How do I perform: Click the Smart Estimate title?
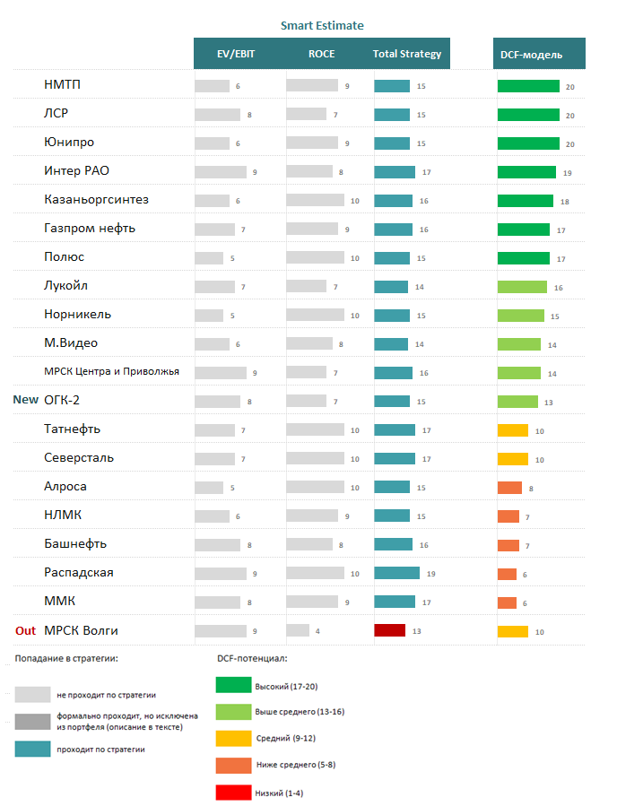[322, 26]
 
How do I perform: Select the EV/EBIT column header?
[236, 54]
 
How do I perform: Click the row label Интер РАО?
[76, 170]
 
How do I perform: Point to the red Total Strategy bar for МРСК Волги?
[389, 630]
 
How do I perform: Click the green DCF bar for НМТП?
[528, 86]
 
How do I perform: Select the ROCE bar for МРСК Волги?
[298, 630]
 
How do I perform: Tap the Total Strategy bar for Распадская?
[396, 573]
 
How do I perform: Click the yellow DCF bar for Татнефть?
[513, 430]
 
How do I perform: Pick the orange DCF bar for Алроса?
[509, 488]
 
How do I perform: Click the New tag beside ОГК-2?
[25, 400]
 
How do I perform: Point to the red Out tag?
[26, 630]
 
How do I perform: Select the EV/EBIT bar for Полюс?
[209, 258]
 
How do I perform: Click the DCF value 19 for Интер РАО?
[568, 172]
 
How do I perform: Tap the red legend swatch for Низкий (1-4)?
[233, 793]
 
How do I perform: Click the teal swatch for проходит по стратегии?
[32, 749]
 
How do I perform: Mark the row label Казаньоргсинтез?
[96, 199]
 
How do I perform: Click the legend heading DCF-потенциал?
[252, 658]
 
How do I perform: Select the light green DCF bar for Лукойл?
[522, 287]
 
